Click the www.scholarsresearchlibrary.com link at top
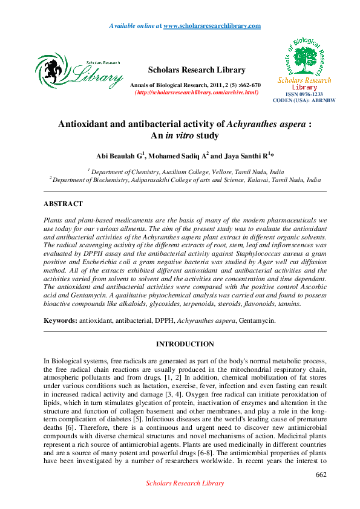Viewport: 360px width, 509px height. [212, 25]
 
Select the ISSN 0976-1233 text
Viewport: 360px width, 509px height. [304, 95]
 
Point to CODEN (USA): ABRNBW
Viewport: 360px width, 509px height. [304, 101]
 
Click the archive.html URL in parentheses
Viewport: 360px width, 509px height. [197, 92]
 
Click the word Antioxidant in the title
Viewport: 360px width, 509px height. [86, 123]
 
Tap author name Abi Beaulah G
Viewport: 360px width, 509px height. [123, 156]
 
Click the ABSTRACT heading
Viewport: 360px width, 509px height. [63, 204]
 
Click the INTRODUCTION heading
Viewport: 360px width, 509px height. [185, 345]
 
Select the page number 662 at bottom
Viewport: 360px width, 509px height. [321, 475]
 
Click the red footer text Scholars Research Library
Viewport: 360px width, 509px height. [185, 484]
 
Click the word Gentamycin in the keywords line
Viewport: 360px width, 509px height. [257, 321]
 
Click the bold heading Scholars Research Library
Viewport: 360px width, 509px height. [197, 70]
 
